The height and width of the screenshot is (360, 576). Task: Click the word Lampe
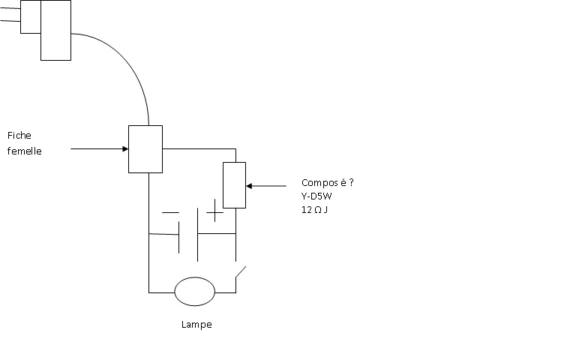coord(196,325)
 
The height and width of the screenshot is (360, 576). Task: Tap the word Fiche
coord(19,136)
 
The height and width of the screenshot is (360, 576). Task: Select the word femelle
coord(24,151)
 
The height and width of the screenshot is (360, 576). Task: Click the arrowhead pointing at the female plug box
coord(126,148)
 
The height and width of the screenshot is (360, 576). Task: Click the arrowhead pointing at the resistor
coord(249,186)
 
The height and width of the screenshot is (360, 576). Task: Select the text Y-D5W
coord(316,196)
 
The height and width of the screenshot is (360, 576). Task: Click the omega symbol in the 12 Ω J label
coord(318,210)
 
